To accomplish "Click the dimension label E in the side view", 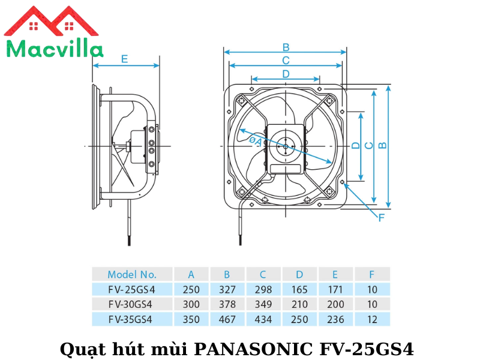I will pyautogui.click(x=124, y=59).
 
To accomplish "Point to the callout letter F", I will pyautogui.click(x=381, y=218).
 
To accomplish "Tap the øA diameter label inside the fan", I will pyautogui.click(x=255, y=140).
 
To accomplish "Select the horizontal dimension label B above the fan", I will pyautogui.click(x=286, y=47).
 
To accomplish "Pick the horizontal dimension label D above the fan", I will pyautogui.click(x=286, y=74).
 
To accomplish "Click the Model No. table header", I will pyautogui.click(x=132, y=274).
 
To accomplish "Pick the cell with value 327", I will pyautogui.click(x=227, y=289).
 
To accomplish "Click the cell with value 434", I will pyautogui.click(x=263, y=319).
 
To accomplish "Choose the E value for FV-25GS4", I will pyautogui.click(x=335, y=289).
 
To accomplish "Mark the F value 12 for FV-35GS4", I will pyautogui.click(x=372, y=319).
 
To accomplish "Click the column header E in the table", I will pyautogui.click(x=335, y=274).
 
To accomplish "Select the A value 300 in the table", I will pyautogui.click(x=191, y=304).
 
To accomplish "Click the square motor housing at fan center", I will pyautogui.click(x=286, y=146).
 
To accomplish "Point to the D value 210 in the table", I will pyautogui.click(x=299, y=304).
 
